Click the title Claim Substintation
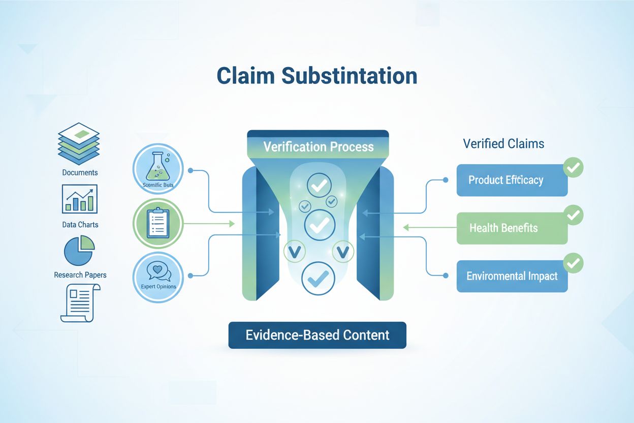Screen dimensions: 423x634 pos(317,76)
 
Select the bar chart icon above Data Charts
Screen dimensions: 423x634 pos(80,199)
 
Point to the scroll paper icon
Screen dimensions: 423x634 pos(80,303)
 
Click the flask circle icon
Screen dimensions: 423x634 pos(157,169)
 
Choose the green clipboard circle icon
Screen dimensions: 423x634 pos(157,224)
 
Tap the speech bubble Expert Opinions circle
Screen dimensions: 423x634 pos(157,277)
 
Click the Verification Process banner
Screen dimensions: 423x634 pos(318,147)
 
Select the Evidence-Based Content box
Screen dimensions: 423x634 pos(318,335)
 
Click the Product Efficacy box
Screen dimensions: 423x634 pos(512,180)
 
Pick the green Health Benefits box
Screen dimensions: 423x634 pos(512,228)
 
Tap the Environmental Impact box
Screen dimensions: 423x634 pos(512,276)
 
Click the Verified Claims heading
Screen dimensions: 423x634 pos(503,144)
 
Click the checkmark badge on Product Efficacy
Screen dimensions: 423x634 pos(574,168)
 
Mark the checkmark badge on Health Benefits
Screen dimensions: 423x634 pos(574,216)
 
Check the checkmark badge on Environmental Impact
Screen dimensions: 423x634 pos(574,263)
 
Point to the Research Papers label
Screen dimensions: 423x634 pos(80,275)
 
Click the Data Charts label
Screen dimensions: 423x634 pos(80,224)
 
